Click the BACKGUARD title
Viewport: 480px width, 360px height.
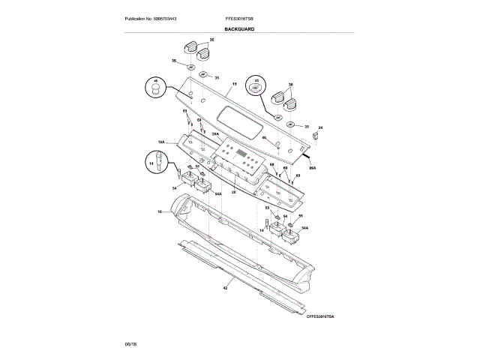[x=239, y=29]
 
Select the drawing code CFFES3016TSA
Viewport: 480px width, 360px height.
[x=319, y=317]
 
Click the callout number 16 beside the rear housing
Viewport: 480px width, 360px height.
[x=160, y=212]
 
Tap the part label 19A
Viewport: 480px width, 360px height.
[x=161, y=141]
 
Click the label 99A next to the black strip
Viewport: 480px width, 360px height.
[x=313, y=169]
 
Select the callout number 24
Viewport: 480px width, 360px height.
[x=320, y=128]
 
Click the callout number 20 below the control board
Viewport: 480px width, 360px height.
[x=233, y=192]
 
